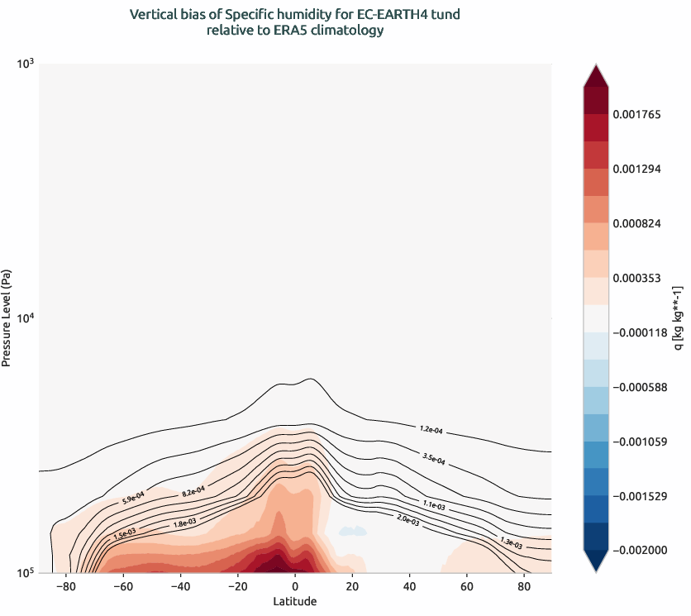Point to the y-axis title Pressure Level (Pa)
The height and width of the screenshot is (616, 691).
(7, 318)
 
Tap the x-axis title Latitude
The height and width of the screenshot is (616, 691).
(294, 601)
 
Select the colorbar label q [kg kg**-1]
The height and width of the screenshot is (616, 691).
(678, 318)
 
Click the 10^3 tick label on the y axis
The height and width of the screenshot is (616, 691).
(24, 64)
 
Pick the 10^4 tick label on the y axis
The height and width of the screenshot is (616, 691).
(24, 318)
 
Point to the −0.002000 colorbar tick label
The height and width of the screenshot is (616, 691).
(640, 551)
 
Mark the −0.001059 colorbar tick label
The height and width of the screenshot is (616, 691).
(640, 442)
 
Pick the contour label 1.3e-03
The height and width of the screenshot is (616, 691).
(512, 541)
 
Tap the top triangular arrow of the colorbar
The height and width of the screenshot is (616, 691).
(596, 75)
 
